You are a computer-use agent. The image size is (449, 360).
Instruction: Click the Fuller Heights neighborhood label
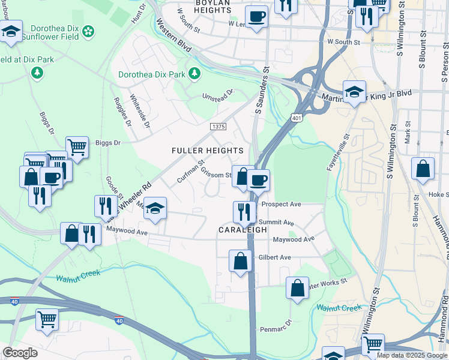[208, 151]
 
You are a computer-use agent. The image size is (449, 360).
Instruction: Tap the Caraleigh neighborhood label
[243, 230]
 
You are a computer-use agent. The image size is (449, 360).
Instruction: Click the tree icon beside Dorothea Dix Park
[194, 73]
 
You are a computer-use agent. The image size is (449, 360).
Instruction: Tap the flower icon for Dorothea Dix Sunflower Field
[88, 31]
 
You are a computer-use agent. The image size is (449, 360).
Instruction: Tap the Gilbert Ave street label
[274, 257]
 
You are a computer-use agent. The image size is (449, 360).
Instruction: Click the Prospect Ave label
[281, 204]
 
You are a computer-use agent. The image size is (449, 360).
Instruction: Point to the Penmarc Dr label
[276, 329]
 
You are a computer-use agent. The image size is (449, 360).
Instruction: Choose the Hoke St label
[438, 195]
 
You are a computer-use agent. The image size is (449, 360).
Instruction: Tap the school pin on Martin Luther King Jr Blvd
[354, 91]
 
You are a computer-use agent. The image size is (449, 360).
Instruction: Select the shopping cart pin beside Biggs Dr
[77, 146]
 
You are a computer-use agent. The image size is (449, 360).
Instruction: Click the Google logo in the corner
[20, 353]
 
